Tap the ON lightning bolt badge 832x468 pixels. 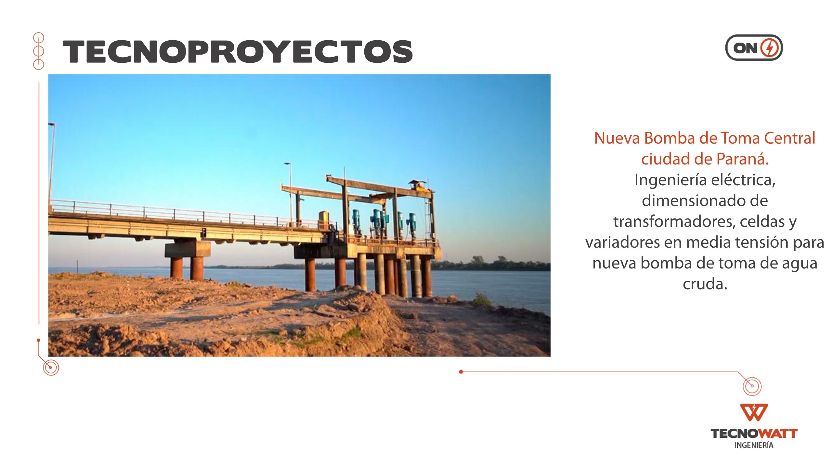point(754,48)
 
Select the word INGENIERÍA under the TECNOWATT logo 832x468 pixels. point(754,445)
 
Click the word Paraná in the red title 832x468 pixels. point(742,159)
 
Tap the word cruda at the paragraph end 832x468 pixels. point(705,284)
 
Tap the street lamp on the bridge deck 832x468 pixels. point(290,193)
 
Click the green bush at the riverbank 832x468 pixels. point(481,300)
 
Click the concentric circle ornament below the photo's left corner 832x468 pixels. point(51,368)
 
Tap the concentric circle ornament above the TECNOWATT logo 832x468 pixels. point(752,386)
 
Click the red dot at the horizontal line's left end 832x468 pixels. point(461,372)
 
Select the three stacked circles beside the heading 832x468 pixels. point(39,51)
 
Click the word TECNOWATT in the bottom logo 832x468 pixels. point(754,434)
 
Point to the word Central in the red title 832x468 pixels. point(789,138)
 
